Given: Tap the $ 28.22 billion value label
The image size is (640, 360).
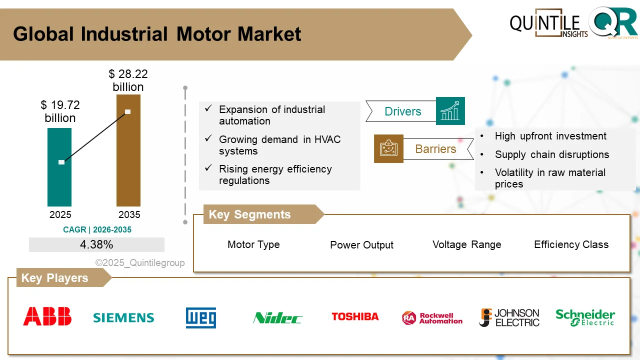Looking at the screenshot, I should [x=128, y=80].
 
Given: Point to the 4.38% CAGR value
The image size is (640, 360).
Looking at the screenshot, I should [x=96, y=244].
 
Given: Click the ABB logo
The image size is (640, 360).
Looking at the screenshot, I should [x=47, y=316].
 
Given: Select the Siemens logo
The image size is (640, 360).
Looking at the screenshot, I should [x=123, y=317].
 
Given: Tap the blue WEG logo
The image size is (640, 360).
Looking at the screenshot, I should [x=201, y=317].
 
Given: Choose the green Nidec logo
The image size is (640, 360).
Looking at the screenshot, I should [x=277, y=317].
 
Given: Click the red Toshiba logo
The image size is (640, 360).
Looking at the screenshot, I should [x=355, y=316].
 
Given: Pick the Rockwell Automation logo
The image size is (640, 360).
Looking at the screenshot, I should [x=432, y=318].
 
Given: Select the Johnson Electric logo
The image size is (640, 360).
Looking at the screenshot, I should [x=509, y=317].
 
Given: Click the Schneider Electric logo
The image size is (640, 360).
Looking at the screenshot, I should [x=585, y=317].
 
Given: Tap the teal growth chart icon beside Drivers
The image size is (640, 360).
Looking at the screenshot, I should [x=450, y=111].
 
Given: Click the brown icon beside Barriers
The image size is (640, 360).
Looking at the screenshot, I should [x=388, y=148].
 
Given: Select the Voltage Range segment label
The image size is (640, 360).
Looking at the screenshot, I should [x=466, y=244].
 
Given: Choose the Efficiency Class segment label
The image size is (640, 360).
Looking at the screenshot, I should [x=571, y=244].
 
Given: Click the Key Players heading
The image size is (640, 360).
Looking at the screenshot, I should [x=55, y=278].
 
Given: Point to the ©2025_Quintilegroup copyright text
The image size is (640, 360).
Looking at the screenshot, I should [x=140, y=263].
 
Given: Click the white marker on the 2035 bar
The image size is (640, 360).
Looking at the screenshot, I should [x=128, y=111].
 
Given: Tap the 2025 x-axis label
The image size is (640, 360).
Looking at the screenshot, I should [x=60, y=214].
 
